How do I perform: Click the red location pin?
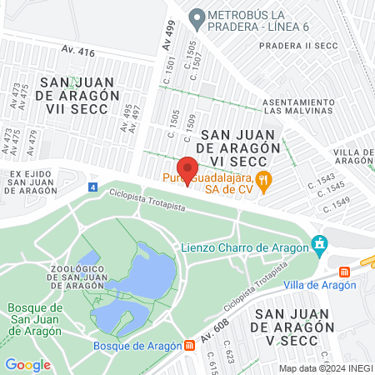coord(188,169)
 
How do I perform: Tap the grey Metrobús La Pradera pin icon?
coord(197,17)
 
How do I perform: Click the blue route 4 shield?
coord(92,187)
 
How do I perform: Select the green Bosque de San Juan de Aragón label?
coord(36,318)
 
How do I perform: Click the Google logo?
coord(27,364)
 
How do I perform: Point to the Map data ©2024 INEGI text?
coord(325,368)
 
